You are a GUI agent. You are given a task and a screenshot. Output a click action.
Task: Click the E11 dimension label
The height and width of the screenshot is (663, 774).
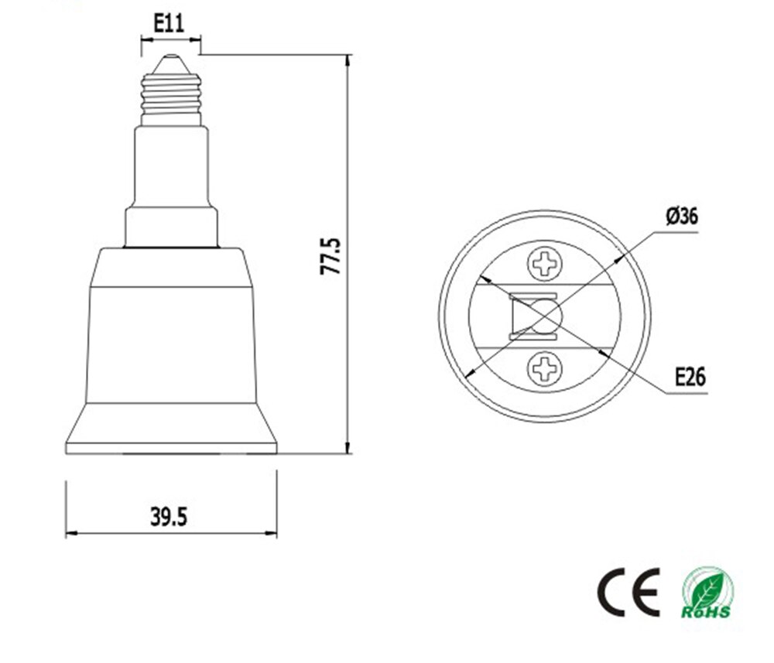[169, 22]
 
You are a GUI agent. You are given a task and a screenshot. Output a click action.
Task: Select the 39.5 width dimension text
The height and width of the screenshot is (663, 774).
[170, 516]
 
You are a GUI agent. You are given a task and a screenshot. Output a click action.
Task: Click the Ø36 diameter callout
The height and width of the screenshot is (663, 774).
[681, 216]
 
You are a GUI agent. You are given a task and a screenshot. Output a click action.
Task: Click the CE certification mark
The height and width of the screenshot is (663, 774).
[628, 592]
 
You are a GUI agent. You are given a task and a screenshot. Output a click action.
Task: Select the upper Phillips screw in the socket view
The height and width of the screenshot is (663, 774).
[546, 265]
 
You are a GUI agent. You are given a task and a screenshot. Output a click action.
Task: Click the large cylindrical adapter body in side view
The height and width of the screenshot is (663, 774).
[170, 340]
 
